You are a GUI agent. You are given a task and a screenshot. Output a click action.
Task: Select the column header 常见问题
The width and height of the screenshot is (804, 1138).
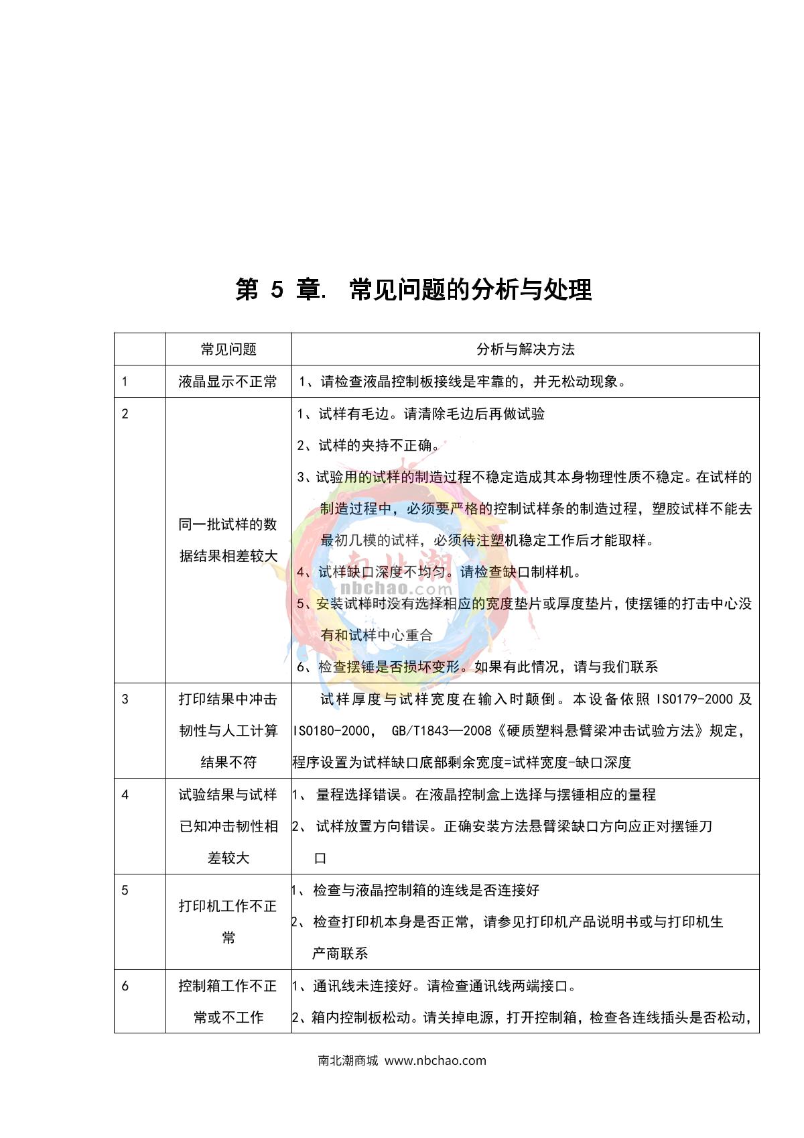(x=228, y=349)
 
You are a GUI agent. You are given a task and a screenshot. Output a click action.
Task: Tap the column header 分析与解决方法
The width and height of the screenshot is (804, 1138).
(x=525, y=349)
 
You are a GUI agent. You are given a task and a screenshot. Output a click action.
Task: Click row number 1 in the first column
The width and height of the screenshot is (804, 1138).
(x=125, y=382)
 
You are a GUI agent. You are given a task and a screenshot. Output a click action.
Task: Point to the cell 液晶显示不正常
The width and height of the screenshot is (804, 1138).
(x=228, y=382)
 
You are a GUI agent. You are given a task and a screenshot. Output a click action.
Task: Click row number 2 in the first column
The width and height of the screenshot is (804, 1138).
(x=125, y=414)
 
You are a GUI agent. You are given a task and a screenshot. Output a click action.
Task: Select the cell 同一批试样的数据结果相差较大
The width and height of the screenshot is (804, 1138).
(x=228, y=540)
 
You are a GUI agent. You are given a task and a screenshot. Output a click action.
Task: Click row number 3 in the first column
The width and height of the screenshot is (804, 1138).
(x=125, y=699)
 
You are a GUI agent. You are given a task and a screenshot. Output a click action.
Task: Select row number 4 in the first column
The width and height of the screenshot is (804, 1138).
(x=125, y=795)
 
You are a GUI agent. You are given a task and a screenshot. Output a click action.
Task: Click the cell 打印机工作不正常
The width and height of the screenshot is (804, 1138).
(x=228, y=922)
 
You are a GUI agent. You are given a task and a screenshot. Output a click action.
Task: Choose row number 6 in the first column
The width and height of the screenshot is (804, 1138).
(x=125, y=986)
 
